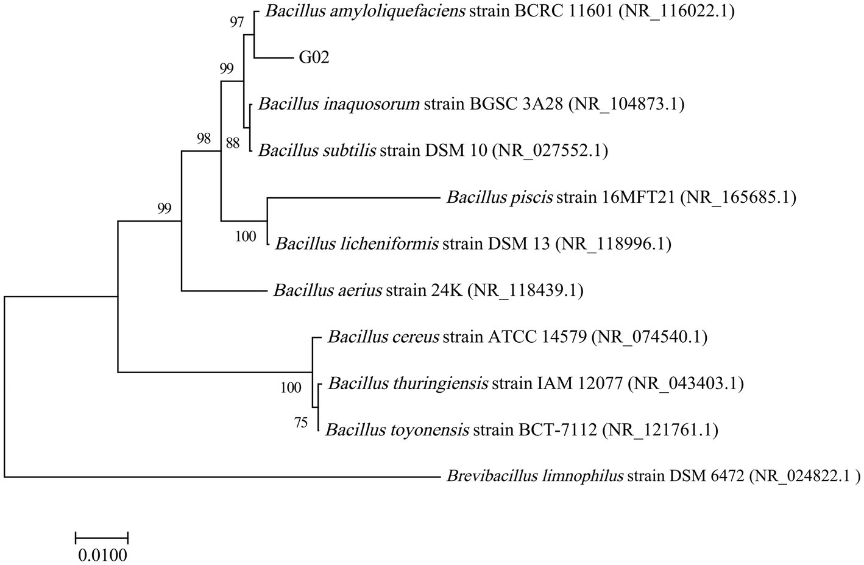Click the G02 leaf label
pyautogui.click(x=314, y=58)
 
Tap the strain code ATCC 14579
pyautogui.click(x=536, y=337)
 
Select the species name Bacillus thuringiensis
pyautogui.click(x=408, y=384)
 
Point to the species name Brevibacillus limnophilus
pyautogui.click(x=534, y=476)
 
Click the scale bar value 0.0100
pyautogui.click(x=102, y=555)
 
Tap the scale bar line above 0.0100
pyautogui.click(x=102, y=537)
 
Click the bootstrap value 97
pyautogui.click(x=236, y=23)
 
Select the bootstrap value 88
pyautogui.click(x=232, y=143)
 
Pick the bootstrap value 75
pyautogui.click(x=301, y=423)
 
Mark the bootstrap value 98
pyautogui.click(x=203, y=139)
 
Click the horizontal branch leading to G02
pyautogui.click(x=274, y=58)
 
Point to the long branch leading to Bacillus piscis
pyautogui.click(x=353, y=197)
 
